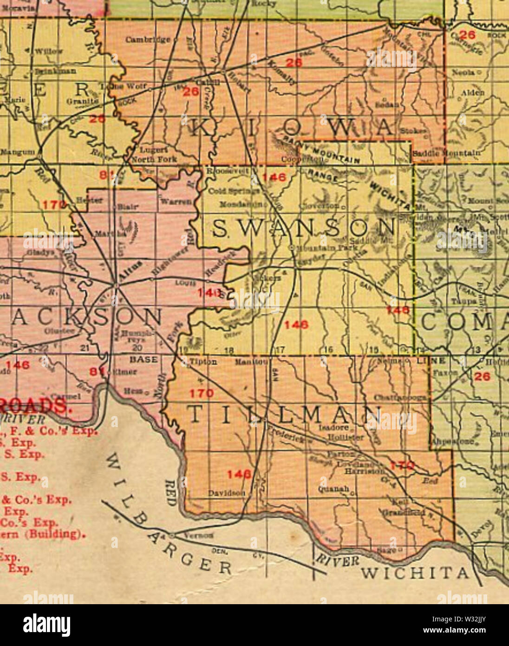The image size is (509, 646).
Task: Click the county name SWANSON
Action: pos(304,229)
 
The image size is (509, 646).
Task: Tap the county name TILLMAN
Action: pos(286,415)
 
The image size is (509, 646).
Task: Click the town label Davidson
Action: pos(226,493)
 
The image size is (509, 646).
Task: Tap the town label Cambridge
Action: pos(148,40)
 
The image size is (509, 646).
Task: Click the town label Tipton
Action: pos(203,362)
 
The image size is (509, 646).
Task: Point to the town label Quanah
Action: pos(333,489)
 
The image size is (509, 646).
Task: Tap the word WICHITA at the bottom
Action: pos(415,573)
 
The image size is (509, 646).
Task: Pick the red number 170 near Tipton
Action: pos(202,393)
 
